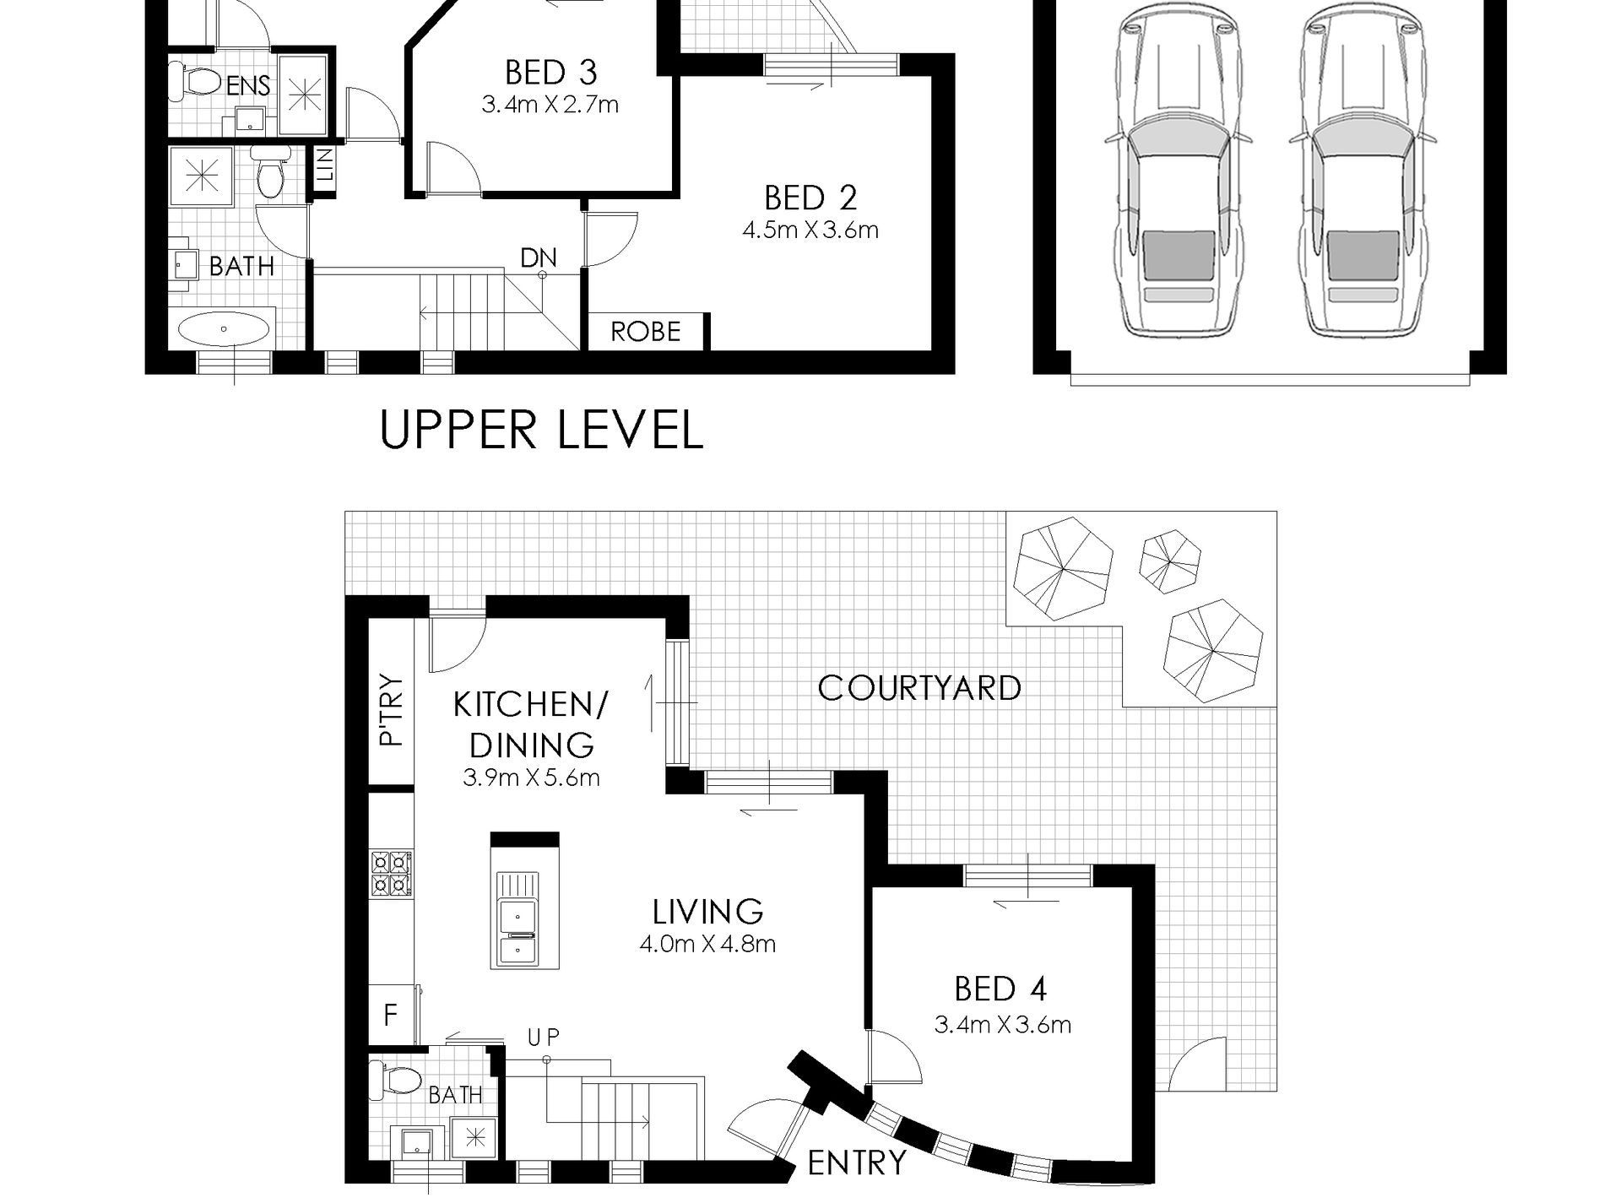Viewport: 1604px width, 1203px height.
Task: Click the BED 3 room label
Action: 550,73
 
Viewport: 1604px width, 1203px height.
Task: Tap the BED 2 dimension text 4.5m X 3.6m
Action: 810,230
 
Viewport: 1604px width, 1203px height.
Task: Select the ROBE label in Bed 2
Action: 645,332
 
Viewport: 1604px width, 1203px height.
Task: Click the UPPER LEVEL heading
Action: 541,430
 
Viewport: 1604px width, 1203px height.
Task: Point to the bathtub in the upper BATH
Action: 225,329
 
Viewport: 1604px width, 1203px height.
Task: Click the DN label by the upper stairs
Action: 539,257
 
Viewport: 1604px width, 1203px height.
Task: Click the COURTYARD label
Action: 919,688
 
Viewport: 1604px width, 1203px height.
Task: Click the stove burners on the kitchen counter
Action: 391,873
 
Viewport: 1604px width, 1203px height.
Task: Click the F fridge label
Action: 390,1014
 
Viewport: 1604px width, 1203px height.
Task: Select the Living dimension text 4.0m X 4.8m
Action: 707,944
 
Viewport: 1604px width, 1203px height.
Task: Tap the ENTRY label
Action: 856,1163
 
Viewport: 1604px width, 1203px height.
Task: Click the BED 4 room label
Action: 1000,989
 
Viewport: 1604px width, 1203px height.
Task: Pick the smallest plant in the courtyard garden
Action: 1170,558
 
